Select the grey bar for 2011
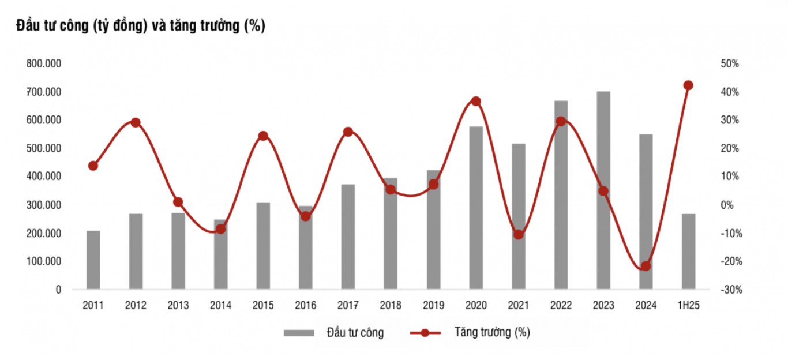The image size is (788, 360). point(93,260)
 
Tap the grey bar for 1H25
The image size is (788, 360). point(688,252)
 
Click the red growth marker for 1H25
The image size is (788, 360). point(688,85)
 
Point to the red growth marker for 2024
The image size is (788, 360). point(646,267)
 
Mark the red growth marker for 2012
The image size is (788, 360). point(136,122)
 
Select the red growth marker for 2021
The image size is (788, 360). point(518,235)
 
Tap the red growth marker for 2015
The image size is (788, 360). point(263,136)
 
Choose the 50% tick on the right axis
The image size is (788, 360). point(729,63)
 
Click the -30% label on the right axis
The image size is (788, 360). point(729,290)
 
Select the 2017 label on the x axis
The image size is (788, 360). point(348,306)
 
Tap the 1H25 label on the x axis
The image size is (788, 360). point(688,306)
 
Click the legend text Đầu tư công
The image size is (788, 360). point(355,333)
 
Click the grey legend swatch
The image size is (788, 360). point(298,333)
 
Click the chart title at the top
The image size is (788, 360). point(141,26)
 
